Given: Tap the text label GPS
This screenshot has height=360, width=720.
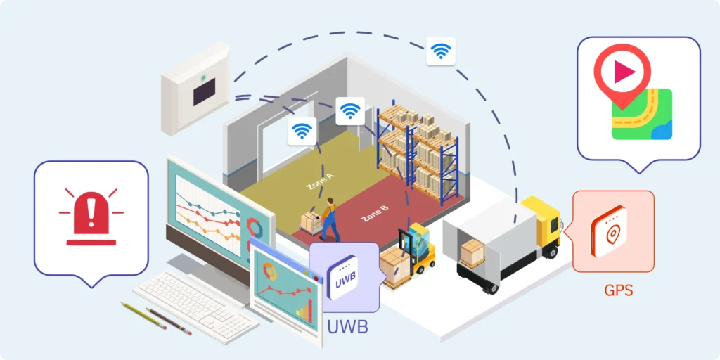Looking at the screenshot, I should click(618, 290).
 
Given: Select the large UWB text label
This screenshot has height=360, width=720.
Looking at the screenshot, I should click(348, 327).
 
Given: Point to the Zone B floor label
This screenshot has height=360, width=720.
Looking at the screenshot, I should click(374, 213).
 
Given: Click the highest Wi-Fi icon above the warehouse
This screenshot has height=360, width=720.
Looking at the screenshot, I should click(441, 51).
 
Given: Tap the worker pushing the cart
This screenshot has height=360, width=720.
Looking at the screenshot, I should click(328, 218).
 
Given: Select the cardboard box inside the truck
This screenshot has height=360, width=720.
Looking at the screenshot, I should click(472, 252).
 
